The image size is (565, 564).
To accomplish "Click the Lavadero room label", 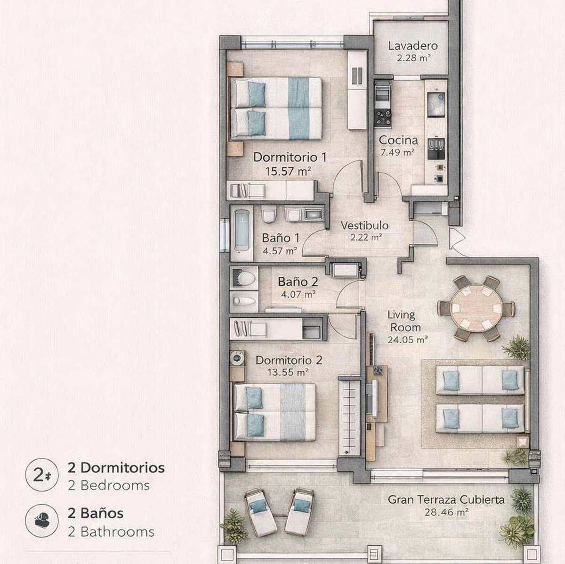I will (x=413, y=46).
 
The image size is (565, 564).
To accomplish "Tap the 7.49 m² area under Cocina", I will (x=397, y=152).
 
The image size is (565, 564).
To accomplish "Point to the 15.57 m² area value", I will (x=289, y=171).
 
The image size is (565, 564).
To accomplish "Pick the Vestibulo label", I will (x=365, y=225).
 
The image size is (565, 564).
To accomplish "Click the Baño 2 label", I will (x=298, y=282).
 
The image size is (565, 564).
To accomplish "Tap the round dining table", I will (x=476, y=309).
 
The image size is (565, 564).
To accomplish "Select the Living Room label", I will (x=401, y=321).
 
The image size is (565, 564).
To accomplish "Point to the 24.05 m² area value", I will (x=407, y=339).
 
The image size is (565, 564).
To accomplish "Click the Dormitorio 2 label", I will (x=289, y=360).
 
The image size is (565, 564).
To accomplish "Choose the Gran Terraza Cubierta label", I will (x=446, y=499).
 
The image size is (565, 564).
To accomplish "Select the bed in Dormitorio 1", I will (x=276, y=108).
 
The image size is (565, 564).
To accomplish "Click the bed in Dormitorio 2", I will (x=275, y=412).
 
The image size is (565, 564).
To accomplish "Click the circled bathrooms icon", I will (x=42, y=521).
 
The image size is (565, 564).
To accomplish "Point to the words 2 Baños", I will (x=96, y=513).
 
